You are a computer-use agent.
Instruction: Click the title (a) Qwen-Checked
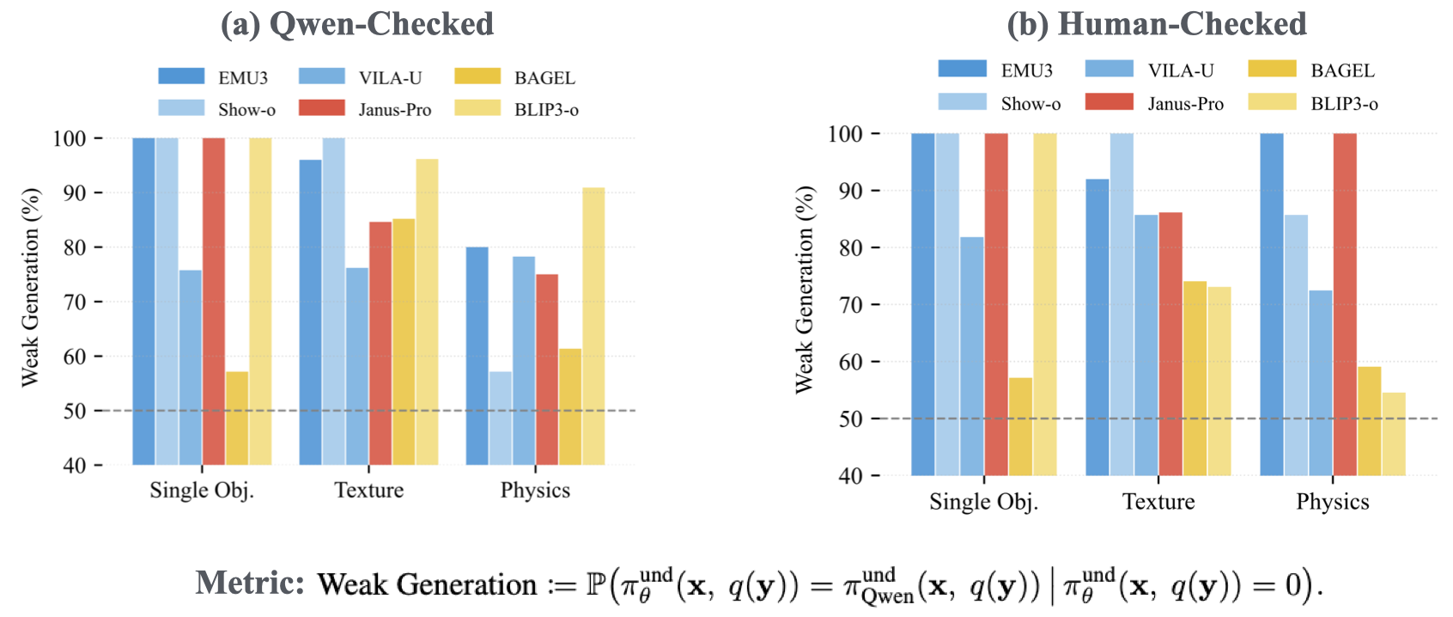pyautogui.click(x=357, y=24)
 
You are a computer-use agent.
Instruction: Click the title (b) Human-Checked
pyautogui.click(x=1157, y=24)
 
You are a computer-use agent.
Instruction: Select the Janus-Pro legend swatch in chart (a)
pyautogui.click(x=321, y=108)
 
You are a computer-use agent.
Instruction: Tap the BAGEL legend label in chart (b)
pyautogui.click(x=1342, y=70)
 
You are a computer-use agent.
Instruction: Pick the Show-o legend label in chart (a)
pyautogui.click(x=246, y=110)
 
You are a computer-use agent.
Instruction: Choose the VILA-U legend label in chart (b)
pyautogui.click(x=1181, y=70)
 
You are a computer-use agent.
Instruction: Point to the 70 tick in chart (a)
pyautogui.click(x=75, y=302)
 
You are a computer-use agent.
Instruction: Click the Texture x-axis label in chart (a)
pyautogui.click(x=368, y=490)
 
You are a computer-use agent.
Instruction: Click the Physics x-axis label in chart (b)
pyautogui.click(x=1332, y=502)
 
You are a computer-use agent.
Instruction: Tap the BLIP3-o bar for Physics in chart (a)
pyautogui.click(x=593, y=327)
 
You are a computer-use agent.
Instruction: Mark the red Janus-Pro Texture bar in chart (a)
pyautogui.click(x=380, y=344)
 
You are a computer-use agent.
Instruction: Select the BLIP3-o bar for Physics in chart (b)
pyautogui.click(x=1394, y=434)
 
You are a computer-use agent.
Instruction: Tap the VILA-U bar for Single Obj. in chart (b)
pyautogui.click(x=972, y=356)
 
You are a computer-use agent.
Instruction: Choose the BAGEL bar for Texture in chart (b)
pyautogui.click(x=1195, y=378)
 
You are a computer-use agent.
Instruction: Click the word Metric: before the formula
pyautogui.click(x=250, y=583)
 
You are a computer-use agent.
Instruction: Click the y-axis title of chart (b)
pyautogui.click(x=804, y=290)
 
